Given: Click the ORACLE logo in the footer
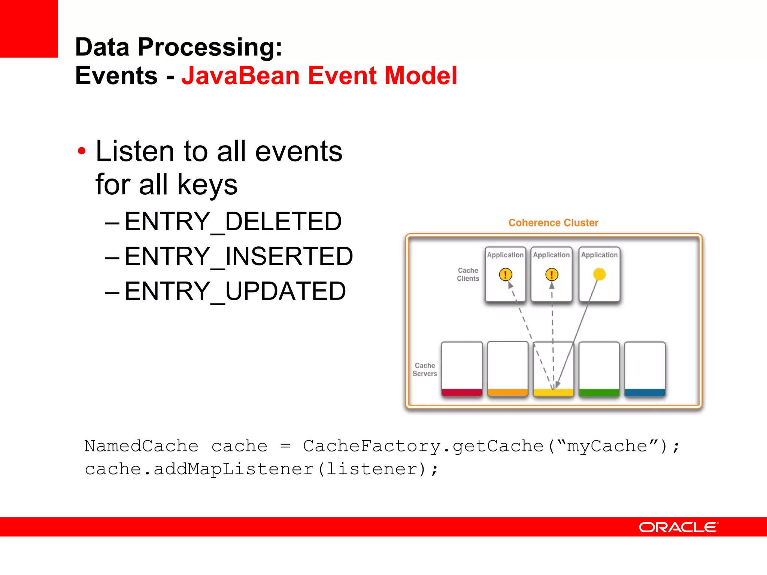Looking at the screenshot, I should pyautogui.click(x=678, y=527).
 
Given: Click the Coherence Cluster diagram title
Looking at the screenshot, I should pyautogui.click(x=553, y=223).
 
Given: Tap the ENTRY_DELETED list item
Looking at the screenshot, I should pyautogui.click(x=233, y=221).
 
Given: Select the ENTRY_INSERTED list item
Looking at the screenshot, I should pyautogui.click(x=239, y=256).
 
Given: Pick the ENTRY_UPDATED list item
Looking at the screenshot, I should pyautogui.click(x=235, y=291).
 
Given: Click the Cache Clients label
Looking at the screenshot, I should pyautogui.click(x=468, y=274).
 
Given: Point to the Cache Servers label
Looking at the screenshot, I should pyautogui.click(x=425, y=369).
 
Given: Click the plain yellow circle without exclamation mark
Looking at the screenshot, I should pyautogui.click(x=599, y=274).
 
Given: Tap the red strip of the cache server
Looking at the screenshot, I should pyautogui.click(x=462, y=392).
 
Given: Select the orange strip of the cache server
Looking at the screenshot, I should pyautogui.click(x=507, y=392).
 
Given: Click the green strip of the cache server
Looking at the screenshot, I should pyautogui.click(x=599, y=392).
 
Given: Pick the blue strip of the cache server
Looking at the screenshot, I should pyautogui.click(x=645, y=392).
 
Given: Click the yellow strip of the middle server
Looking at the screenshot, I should pyautogui.click(x=553, y=392).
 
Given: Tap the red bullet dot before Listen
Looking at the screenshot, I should pyautogui.click(x=81, y=151).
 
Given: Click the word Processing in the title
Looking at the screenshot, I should pyautogui.click(x=209, y=48).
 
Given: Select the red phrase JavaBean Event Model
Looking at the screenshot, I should pyautogui.click(x=319, y=76).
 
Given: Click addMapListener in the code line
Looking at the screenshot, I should pyautogui.click(x=233, y=469).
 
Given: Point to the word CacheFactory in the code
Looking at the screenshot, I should pyautogui.click(x=372, y=446).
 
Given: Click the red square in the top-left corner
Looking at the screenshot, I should pyautogui.click(x=29, y=28).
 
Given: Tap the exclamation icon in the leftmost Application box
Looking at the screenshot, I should pyautogui.click(x=505, y=274).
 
